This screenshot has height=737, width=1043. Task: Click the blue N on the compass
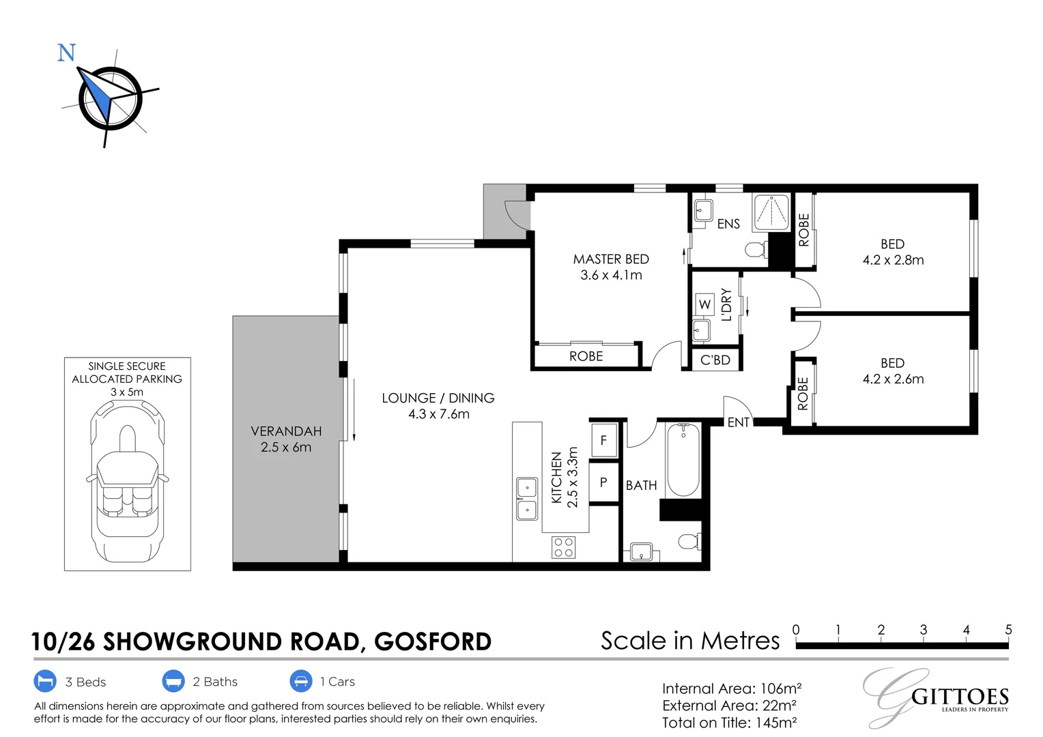coord(66,53)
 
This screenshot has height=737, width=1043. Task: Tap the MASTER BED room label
coord(611,259)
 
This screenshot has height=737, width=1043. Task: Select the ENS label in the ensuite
coord(728,224)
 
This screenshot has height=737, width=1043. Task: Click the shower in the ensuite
coord(771,213)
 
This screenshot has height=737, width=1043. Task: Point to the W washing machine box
coord(705,304)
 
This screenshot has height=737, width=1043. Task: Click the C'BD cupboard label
coord(715,360)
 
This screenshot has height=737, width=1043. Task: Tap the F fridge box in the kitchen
coord(603,440)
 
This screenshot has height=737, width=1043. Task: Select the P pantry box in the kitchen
coord(603,482)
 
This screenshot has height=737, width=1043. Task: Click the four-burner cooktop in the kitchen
coord(564,547)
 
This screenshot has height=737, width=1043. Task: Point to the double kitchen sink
coord(526,499)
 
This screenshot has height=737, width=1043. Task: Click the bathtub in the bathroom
coord(683,460)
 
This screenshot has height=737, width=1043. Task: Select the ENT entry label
coord(739,422)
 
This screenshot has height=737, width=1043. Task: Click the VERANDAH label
coord(286,431)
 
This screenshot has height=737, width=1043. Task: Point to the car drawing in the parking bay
coord(128,481)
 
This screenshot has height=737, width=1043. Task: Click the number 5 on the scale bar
coord(1008,630)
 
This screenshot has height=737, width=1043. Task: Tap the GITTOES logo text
coord(960,697)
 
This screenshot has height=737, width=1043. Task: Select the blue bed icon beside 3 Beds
coord(44,681)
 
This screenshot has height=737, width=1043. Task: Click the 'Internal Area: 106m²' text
coord(732,689)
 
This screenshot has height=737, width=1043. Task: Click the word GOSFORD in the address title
coord(433,641)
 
